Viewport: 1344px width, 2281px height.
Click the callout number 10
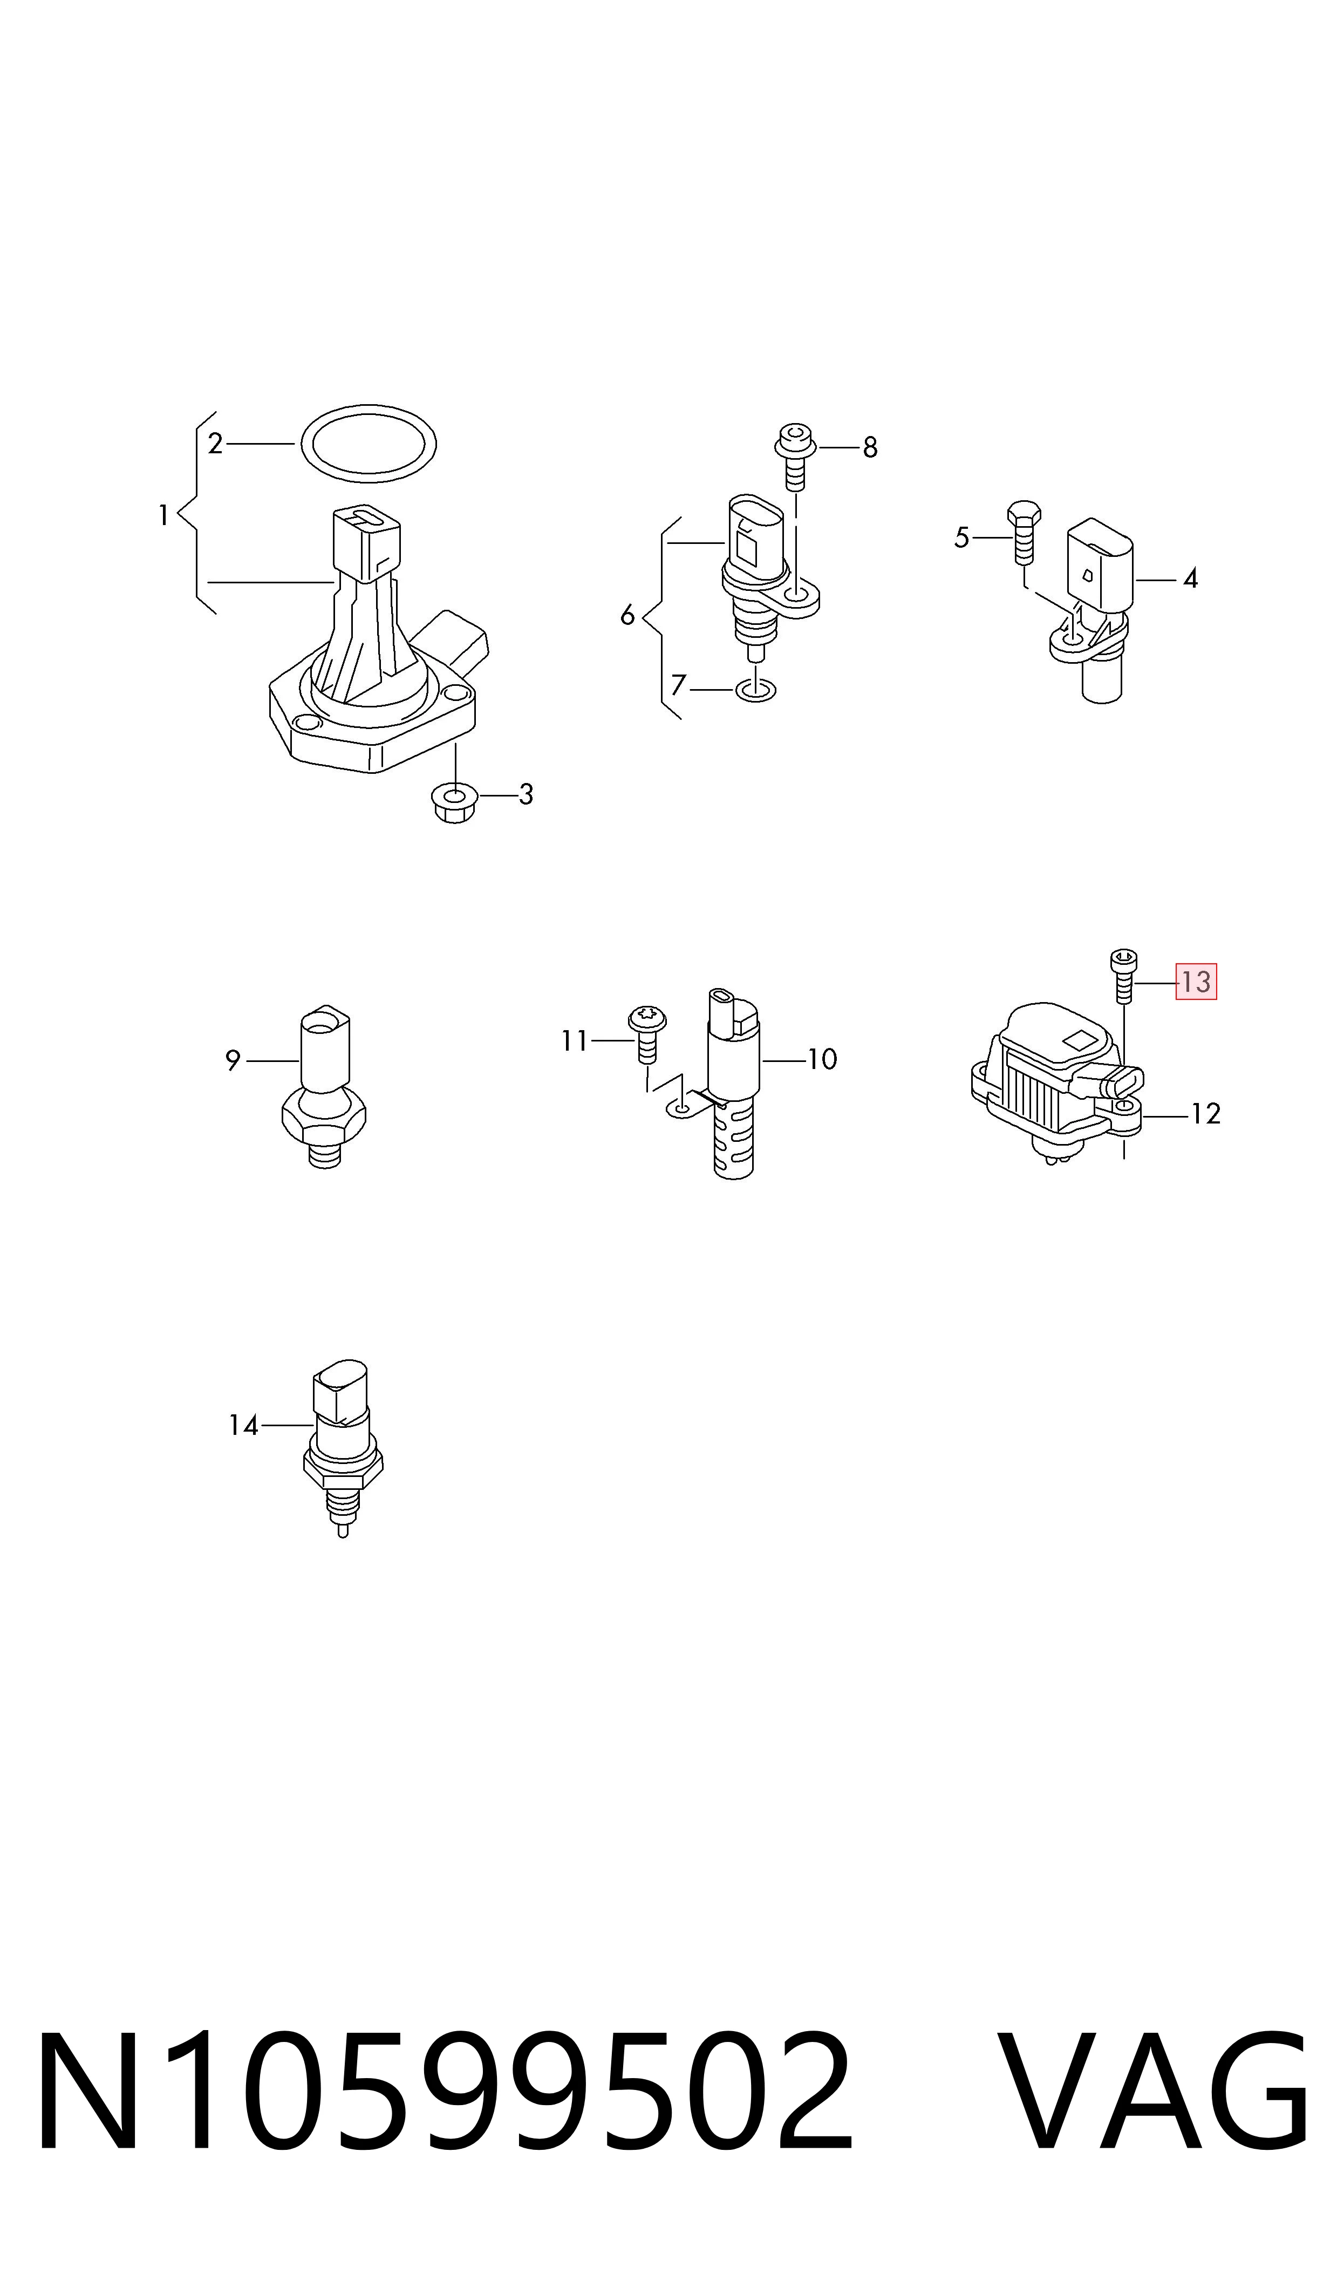(x=821, y=1059)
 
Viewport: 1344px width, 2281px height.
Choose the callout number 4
(x=1190, y=578)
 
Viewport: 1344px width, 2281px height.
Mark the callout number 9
(x=233, y=1060)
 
